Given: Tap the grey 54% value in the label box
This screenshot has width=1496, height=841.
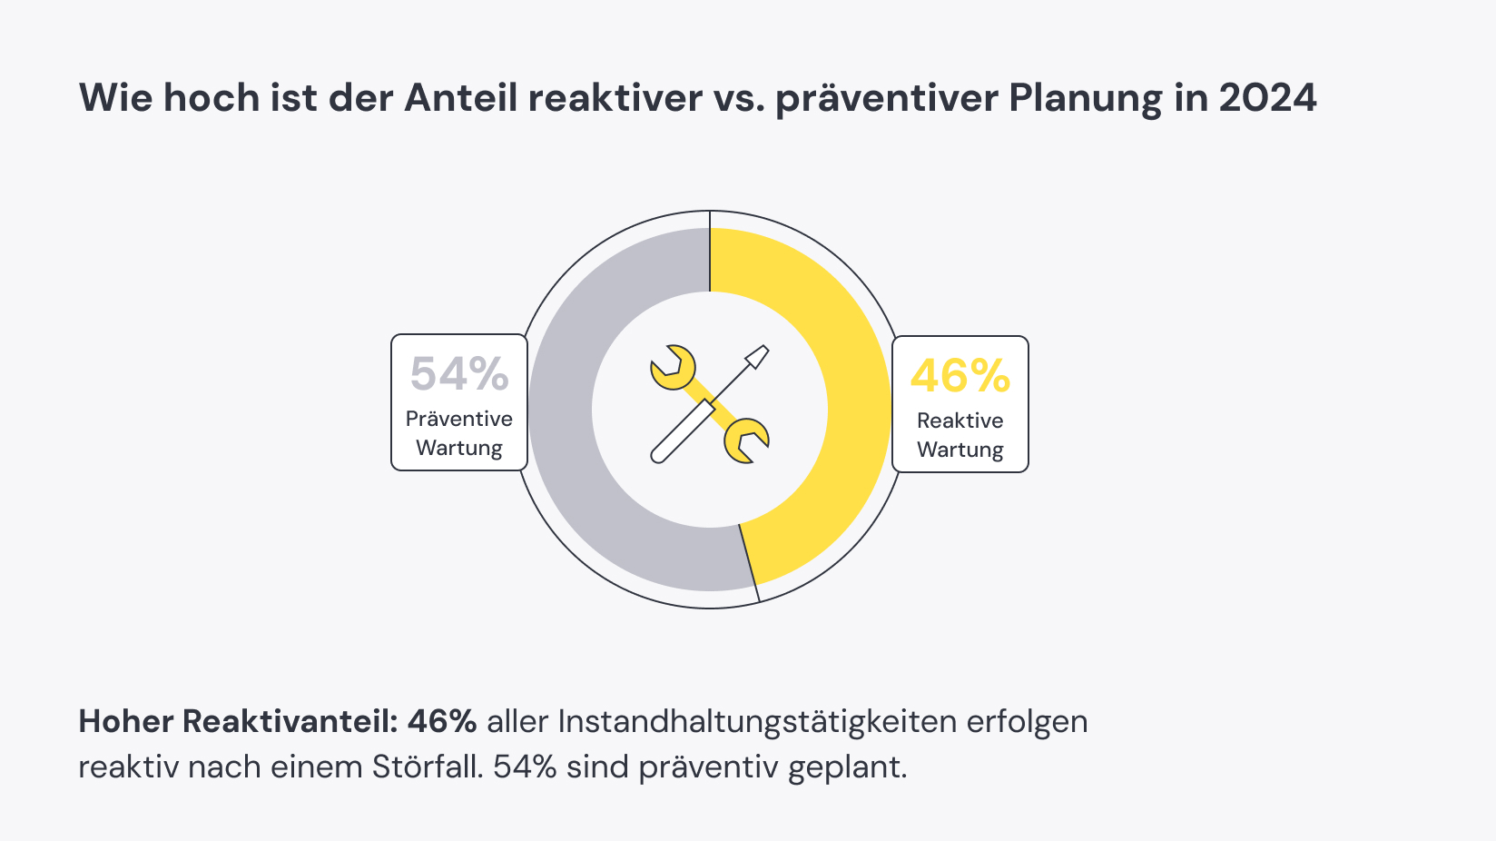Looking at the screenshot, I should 459,373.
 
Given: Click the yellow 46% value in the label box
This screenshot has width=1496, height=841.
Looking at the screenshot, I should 960,375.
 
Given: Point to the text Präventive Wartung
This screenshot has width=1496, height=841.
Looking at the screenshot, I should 459,433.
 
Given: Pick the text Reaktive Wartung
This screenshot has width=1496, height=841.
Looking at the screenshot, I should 960,435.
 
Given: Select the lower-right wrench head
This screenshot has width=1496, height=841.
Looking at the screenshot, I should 745,440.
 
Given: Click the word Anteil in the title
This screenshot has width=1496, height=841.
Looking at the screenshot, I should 460,98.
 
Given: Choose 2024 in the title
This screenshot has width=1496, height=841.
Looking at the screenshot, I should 1267,98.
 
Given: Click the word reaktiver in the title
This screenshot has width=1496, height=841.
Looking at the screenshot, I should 615,98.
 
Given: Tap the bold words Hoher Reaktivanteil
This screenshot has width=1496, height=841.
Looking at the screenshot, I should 238,721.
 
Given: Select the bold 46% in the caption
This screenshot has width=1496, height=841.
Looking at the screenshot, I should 442,721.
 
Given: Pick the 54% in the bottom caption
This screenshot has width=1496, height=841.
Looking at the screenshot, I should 525,767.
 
